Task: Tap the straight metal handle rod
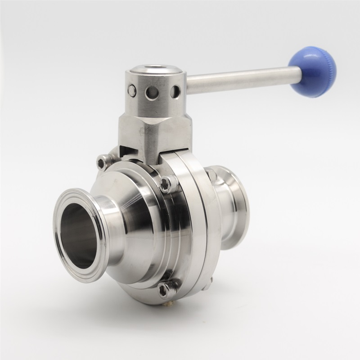pyautogui.click(x=238, y=81)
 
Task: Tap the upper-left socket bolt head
pyautogui.click(x=104, y=161)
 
